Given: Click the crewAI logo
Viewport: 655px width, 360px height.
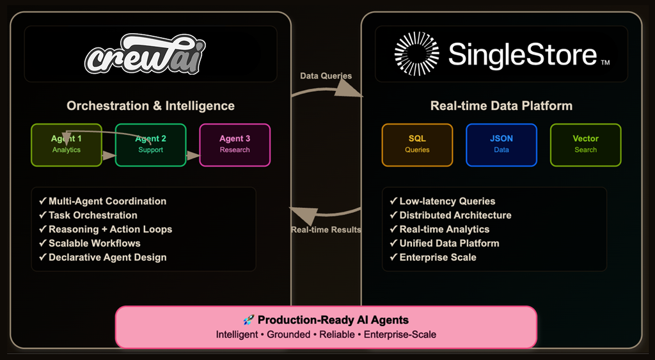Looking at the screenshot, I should (x=145, y=54).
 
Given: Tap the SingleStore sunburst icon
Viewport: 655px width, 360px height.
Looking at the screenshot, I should (x=416, y=54).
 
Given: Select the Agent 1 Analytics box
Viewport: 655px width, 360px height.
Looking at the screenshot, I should (x=67, y=145).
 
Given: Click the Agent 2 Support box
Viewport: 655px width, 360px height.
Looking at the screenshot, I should (x=151, y=145).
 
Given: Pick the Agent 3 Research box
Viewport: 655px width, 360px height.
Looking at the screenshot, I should (x=235, y=145).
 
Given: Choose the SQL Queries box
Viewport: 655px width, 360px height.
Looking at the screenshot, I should (x=417, y=145).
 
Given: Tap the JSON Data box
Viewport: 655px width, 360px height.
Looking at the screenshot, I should (x=501, y=145).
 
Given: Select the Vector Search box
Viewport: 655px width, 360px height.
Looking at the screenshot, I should (x=585, y=145).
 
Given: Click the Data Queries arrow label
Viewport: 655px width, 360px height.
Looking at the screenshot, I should (x=326, y=76).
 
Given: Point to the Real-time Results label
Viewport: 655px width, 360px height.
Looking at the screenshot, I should (x=326, y=230).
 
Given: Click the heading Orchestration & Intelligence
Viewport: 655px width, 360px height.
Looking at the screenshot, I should (x=151, y=106).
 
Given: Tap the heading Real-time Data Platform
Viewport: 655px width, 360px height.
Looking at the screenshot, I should (x=501, y=106).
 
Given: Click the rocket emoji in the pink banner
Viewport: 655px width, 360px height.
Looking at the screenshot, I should (x=249, y=320).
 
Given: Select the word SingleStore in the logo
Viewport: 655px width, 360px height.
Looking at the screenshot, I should (x=523, y=54).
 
